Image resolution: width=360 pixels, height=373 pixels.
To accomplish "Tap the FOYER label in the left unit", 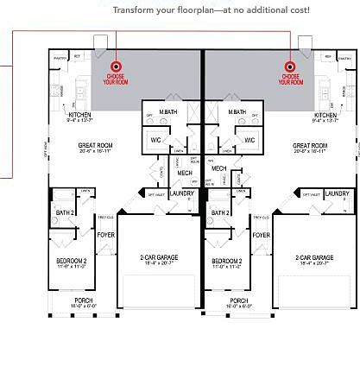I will coord(104,234).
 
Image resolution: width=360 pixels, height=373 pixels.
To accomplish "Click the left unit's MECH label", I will coord(185,173).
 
